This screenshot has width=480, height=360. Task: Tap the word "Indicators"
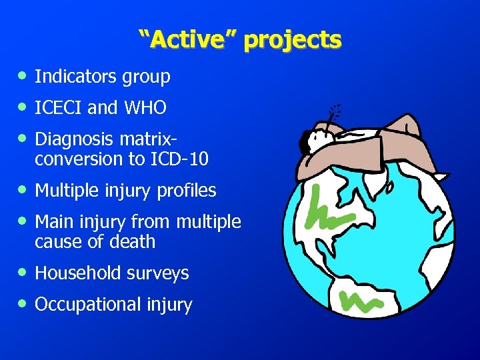[x=76, y=77]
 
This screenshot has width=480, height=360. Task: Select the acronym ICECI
[x=59, y=107]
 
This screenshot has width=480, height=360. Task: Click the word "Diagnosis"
[x=74, y=139]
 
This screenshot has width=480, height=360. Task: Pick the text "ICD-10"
[x=181, y=159]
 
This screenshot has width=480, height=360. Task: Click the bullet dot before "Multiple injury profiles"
[x=23, y=191]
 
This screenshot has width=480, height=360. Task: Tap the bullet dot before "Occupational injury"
[x=23, y=305]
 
